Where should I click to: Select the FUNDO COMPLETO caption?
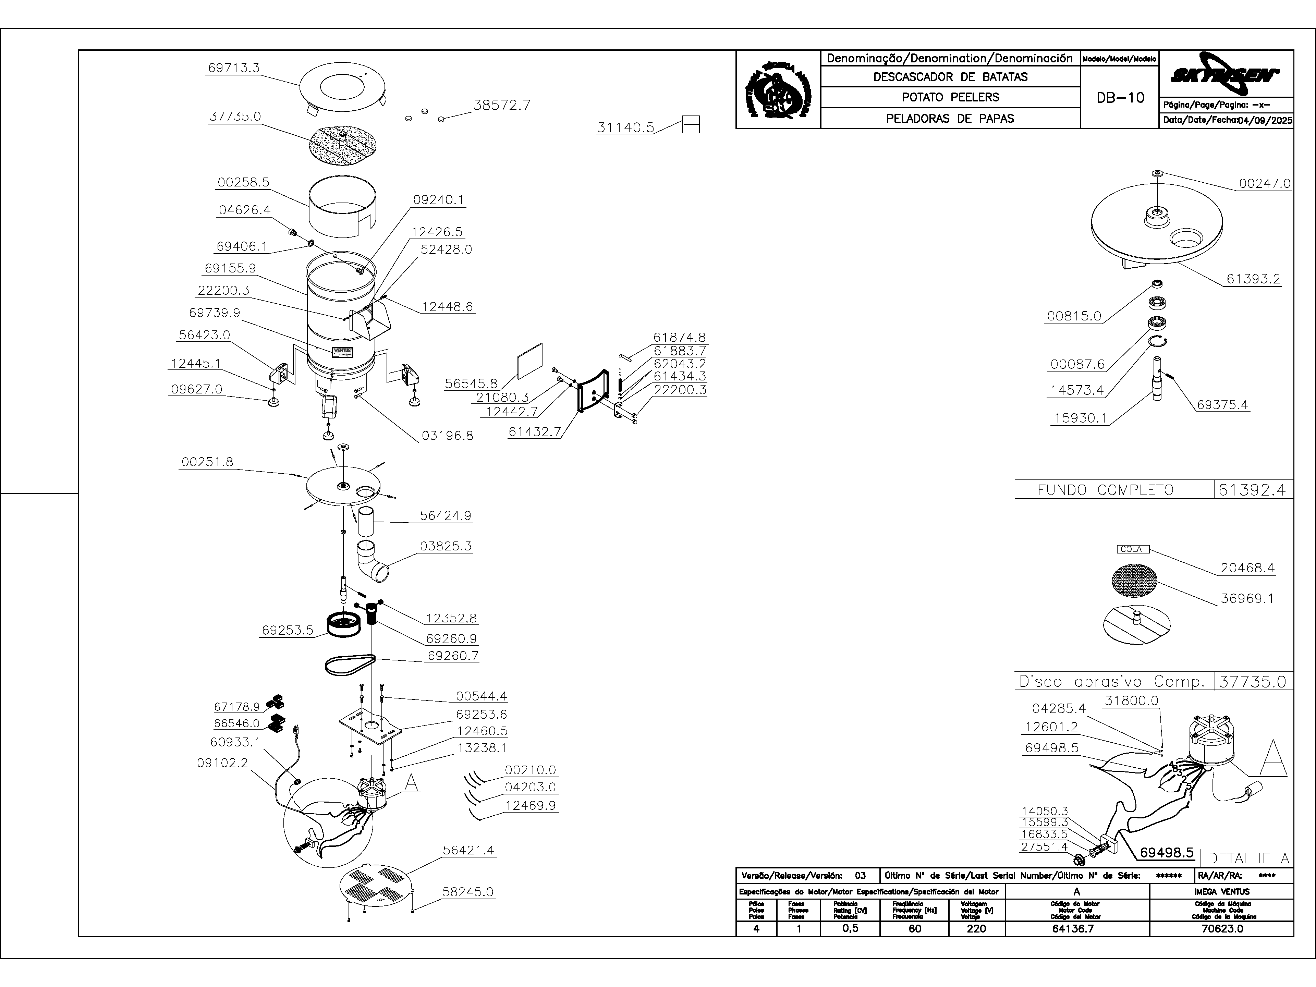click(x=1105, y=490)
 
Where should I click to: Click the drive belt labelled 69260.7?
click(x=350, y=664)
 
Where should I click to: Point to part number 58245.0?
click(x=467, y=892)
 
